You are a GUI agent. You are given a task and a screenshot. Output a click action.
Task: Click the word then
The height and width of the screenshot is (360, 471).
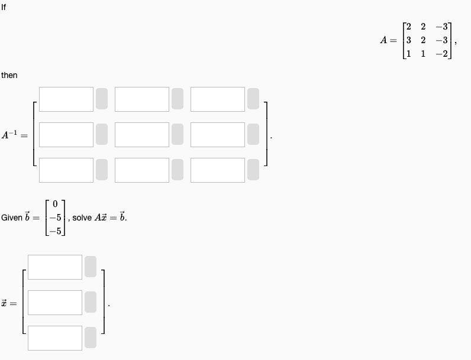pos(9,75)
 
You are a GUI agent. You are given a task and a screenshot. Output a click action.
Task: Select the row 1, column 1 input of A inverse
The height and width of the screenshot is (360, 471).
pos(66,99)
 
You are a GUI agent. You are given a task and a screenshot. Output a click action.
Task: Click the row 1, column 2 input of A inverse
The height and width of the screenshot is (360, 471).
pos(142,99)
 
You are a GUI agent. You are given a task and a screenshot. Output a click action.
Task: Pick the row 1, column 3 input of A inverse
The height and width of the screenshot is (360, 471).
pos(218,99)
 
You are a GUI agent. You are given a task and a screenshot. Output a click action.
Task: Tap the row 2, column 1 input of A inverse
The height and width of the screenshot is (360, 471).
pos(66,134)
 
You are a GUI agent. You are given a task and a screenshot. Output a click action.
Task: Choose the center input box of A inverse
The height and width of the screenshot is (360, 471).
pos(142,134)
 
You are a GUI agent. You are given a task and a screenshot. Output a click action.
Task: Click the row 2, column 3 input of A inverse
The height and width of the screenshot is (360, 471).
pos(218,134)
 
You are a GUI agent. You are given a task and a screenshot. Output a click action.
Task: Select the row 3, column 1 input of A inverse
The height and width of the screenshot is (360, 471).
pos(66,170)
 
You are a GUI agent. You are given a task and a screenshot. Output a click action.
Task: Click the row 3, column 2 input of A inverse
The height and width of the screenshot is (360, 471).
pos(142,170)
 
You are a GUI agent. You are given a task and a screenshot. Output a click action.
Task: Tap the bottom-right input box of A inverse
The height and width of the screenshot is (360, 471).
pos(218,170)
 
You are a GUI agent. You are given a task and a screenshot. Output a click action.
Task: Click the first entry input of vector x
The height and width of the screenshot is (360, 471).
pos(54,267)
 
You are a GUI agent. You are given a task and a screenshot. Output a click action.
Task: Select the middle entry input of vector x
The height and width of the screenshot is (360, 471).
pos(54,302)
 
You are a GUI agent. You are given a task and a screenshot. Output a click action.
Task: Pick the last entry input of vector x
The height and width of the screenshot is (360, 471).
pos(54,338)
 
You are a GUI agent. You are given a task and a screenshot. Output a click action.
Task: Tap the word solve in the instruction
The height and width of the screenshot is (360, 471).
pos(82,218)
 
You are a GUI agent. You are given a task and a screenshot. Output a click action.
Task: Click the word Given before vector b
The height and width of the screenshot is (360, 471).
pos(12,218)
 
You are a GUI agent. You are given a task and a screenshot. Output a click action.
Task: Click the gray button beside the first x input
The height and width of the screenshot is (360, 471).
pos(90,267)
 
